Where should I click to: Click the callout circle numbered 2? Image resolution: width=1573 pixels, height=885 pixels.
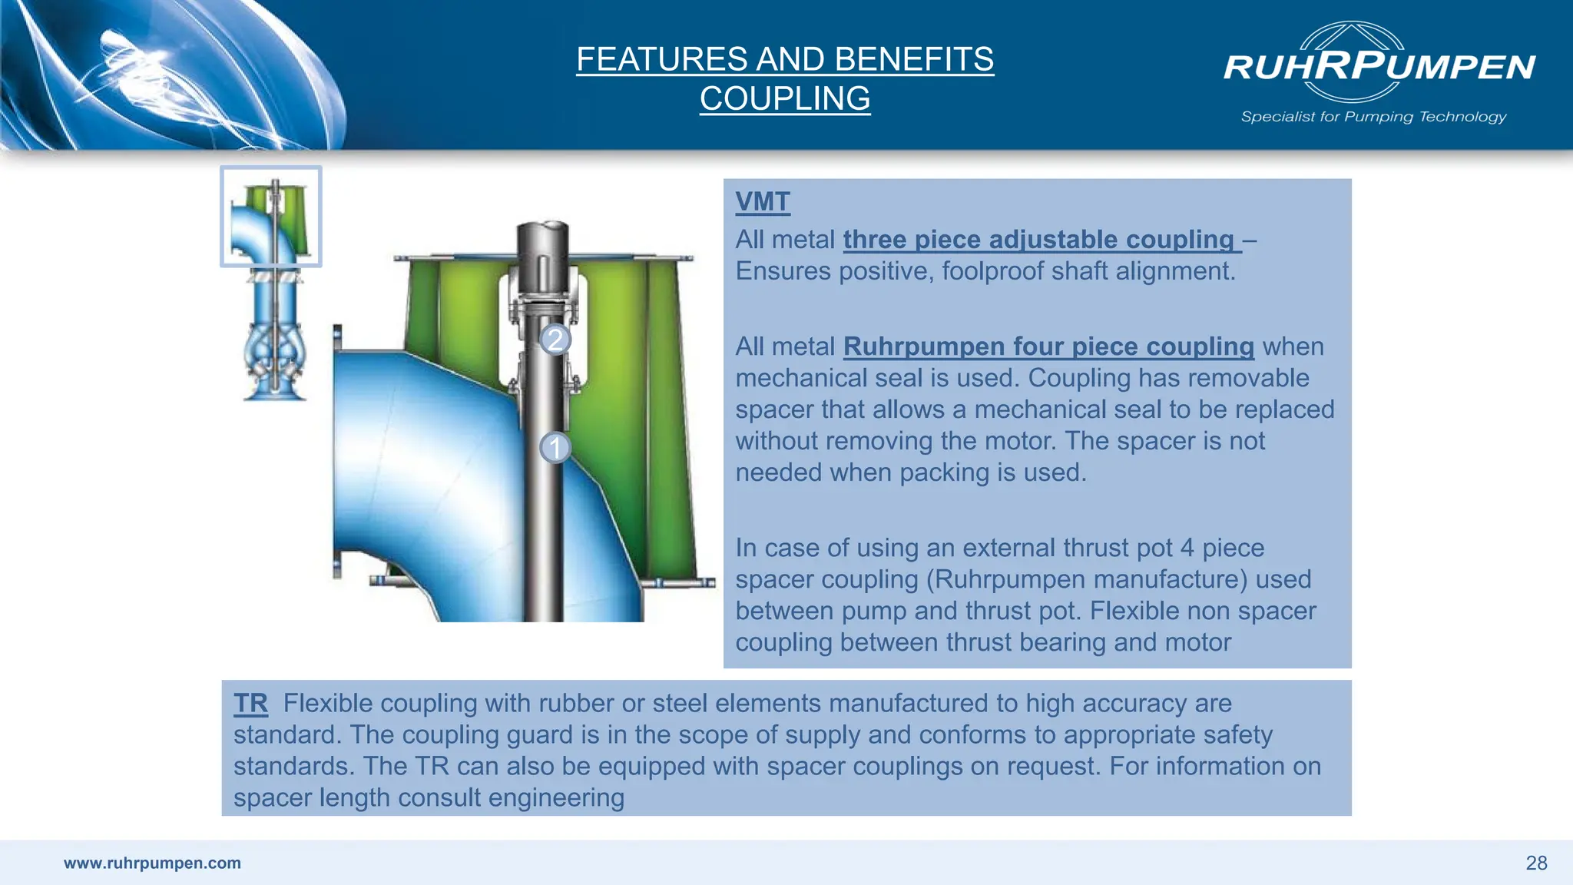[555, 339]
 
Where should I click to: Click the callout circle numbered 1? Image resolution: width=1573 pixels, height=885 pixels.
[555, 447]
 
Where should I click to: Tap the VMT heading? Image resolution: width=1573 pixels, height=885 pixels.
[762, 202]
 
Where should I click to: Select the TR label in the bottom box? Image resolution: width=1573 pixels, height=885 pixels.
[250, 703]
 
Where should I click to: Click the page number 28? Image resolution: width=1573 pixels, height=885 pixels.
[1535, 863]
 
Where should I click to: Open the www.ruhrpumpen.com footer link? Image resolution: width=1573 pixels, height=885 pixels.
[152, 863]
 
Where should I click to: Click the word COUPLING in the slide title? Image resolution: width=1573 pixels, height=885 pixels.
[784, 98]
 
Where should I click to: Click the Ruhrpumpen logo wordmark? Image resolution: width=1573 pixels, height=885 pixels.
[1379, 67]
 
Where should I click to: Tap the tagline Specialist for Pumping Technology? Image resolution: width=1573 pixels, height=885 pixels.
[1373, 117]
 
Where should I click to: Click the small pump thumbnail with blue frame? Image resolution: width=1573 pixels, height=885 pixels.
[271, 217]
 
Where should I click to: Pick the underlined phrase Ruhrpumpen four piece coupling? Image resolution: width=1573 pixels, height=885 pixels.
[1048, 346]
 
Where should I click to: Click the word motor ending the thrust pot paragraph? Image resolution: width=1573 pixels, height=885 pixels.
[1197, 642]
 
